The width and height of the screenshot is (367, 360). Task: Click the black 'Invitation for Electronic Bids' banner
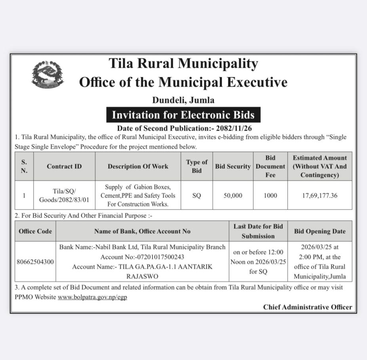(183, 115)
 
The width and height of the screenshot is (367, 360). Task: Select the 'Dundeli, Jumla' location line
(183, 100)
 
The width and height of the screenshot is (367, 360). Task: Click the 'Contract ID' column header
(64, 167)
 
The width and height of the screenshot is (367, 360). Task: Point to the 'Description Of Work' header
(138, 167)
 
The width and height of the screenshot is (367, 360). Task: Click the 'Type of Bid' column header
(197, 167)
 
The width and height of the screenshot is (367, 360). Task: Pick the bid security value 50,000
(233, 195)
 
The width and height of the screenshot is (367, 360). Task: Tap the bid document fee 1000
(270, 195)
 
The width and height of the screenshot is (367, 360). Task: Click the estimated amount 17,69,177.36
(319, 195)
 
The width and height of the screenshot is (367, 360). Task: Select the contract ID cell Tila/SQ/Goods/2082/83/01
(64, 195)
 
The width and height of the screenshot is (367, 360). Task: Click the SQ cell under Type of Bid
(197, 195)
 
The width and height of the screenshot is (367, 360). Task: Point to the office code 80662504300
(35, 262)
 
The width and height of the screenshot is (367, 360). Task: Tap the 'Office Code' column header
(35, 231)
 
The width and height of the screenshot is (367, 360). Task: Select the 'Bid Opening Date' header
(320, 231)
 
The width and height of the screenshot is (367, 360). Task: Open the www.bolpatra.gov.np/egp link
(92, 297)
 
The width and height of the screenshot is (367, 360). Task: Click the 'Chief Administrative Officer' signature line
(308, 307)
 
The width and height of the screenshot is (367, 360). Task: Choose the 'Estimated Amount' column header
(319, 167)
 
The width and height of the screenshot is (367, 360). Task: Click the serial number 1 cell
(24, 195)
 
